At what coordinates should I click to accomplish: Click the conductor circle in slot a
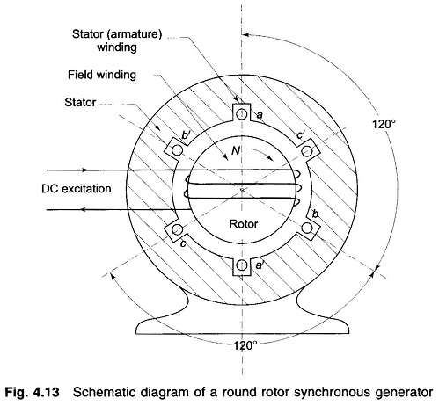click(x=241, y=114)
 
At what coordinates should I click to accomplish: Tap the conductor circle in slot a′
click(x=242, y=265)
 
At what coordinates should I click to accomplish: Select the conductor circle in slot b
click(x=307, y=228)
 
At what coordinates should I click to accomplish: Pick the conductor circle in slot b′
click(x=178, y=150)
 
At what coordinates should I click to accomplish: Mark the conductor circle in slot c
click(x=177, y=228)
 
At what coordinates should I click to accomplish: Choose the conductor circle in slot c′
click(x=307, y=151)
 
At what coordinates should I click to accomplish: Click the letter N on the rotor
click(x=236, y=150)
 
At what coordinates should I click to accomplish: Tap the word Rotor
click(x=244, y=224)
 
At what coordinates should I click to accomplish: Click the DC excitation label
click(x=77, y=188)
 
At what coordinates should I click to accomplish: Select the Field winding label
click(x=102, y=75)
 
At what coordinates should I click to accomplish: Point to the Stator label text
click(x=80, y=102)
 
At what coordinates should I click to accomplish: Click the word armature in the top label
click(x=134, y=34)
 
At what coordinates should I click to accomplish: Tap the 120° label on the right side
click(x=384, y=124)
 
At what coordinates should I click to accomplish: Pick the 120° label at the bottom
click(x=245, y=345)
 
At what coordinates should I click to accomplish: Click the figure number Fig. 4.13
click(x=32, y=392)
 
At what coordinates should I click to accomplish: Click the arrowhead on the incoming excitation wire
click(x=84, y=170)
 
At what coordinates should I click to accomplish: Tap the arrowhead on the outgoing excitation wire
click(x=84, y=209)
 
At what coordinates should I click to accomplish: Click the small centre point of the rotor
click(x=242, y=190)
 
